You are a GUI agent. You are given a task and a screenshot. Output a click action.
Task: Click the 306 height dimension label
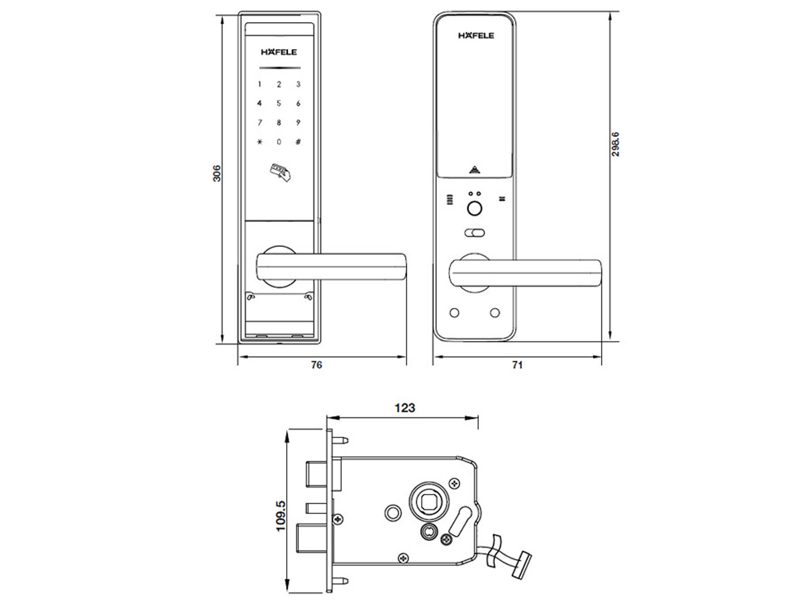tap(217, 173)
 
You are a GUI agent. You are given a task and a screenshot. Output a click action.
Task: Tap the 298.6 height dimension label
tap(615, 144)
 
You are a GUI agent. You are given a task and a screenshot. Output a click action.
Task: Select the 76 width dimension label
tap(316, 365)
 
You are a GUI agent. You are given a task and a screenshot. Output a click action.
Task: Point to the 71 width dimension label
tap(517, 365)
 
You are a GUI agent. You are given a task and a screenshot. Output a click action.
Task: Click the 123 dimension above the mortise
tap(404, 408)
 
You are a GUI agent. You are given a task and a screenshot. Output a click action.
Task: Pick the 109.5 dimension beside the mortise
tap(281, 516)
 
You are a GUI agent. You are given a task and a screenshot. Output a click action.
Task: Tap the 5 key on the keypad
tap(279, 103)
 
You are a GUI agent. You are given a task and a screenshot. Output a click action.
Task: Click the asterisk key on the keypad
tap(260, 142)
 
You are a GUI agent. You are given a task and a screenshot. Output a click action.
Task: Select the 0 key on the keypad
tap(279, 142)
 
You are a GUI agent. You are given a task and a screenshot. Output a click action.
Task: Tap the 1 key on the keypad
tap(260, 85)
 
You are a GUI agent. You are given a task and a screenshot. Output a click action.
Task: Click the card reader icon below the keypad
tap(280, 172)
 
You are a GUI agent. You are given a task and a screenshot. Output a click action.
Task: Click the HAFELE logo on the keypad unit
tap(279, 52)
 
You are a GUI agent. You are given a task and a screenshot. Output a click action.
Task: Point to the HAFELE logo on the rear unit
tap(476, 35)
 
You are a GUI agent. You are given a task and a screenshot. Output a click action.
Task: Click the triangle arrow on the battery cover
tap(474, 170)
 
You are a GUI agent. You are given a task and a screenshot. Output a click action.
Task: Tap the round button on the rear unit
tap(474, 209)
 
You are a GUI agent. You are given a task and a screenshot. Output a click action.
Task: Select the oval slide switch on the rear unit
tap(474, 233)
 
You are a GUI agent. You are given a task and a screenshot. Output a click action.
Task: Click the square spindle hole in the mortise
tap(429, 502)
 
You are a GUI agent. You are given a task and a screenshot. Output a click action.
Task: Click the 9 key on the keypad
tap(298, 122)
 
